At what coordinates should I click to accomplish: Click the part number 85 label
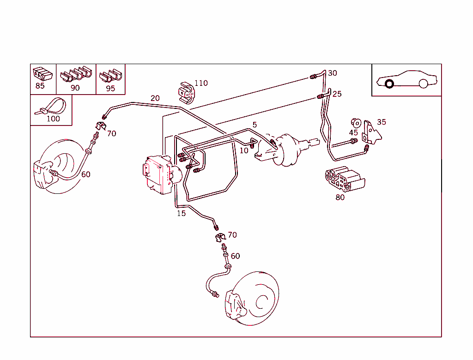(x=40, y=86)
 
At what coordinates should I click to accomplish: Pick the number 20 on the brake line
(x=155, y=98)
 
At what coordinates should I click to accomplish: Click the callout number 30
(x=333, y=73)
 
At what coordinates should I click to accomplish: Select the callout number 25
(x=337, y=94)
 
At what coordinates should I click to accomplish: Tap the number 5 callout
(x=255, y=125)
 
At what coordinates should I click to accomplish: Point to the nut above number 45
(x=355, y=122)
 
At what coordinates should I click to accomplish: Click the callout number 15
(x=181, y=214)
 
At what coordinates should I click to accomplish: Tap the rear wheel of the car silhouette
(x=424, y=84)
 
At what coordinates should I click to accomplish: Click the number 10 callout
(x=244, y=150)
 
